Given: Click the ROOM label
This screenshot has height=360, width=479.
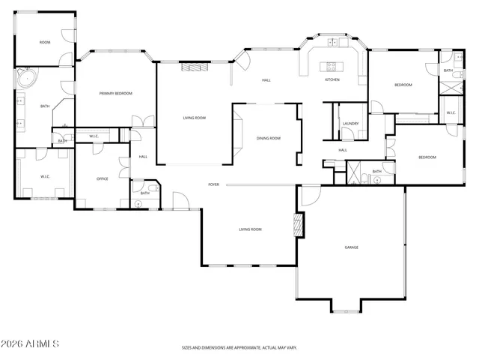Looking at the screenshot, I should (45, 42).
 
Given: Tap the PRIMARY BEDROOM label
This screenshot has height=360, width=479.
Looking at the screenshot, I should (116, 93).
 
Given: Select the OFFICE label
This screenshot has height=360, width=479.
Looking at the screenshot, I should (103, 178).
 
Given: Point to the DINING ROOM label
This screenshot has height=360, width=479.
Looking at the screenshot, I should (268, 138).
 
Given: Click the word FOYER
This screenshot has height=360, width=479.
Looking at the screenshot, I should (213, 184).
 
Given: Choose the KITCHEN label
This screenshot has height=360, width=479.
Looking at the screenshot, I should (332, 79).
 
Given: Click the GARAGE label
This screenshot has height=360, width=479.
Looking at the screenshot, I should (351, 247).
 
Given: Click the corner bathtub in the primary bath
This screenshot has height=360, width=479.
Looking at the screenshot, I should (27, 77).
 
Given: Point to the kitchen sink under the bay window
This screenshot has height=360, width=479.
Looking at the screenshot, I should (332, 43).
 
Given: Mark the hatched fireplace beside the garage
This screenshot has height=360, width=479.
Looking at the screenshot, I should (299, 225).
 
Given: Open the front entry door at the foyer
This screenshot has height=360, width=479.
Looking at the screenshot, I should (180, 200).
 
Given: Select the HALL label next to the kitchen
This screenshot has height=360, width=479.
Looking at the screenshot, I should (266, 80).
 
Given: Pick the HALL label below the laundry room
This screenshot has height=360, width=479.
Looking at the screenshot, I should (343, 150).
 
